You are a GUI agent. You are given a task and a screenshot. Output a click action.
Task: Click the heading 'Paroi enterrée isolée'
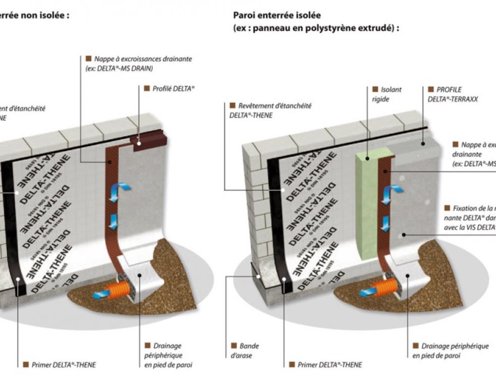click(x=277, y=16)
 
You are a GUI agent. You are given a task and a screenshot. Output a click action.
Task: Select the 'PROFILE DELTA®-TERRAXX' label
click(x=452, y=94)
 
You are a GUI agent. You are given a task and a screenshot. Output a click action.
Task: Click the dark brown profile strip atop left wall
click(x=145, y=141)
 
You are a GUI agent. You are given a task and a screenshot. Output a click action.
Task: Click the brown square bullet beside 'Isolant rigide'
click(x=375, y=89)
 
